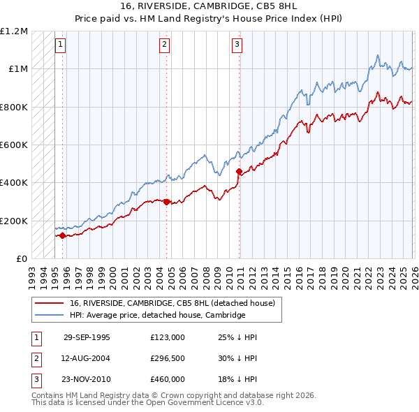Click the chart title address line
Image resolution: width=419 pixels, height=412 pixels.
coord(209,6)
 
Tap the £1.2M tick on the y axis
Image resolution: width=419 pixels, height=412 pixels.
coord(14,31)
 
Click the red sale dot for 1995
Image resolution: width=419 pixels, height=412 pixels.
coord(62,235)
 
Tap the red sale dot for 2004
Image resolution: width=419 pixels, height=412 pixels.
coord(166,203)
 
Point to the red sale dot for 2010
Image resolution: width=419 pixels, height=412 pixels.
coord(239,171)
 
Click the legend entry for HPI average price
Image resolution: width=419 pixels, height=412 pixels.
coord(157,315)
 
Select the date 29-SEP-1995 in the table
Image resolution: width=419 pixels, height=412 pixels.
coord(87,337)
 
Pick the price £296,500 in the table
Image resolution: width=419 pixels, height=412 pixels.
coord(168,358)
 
